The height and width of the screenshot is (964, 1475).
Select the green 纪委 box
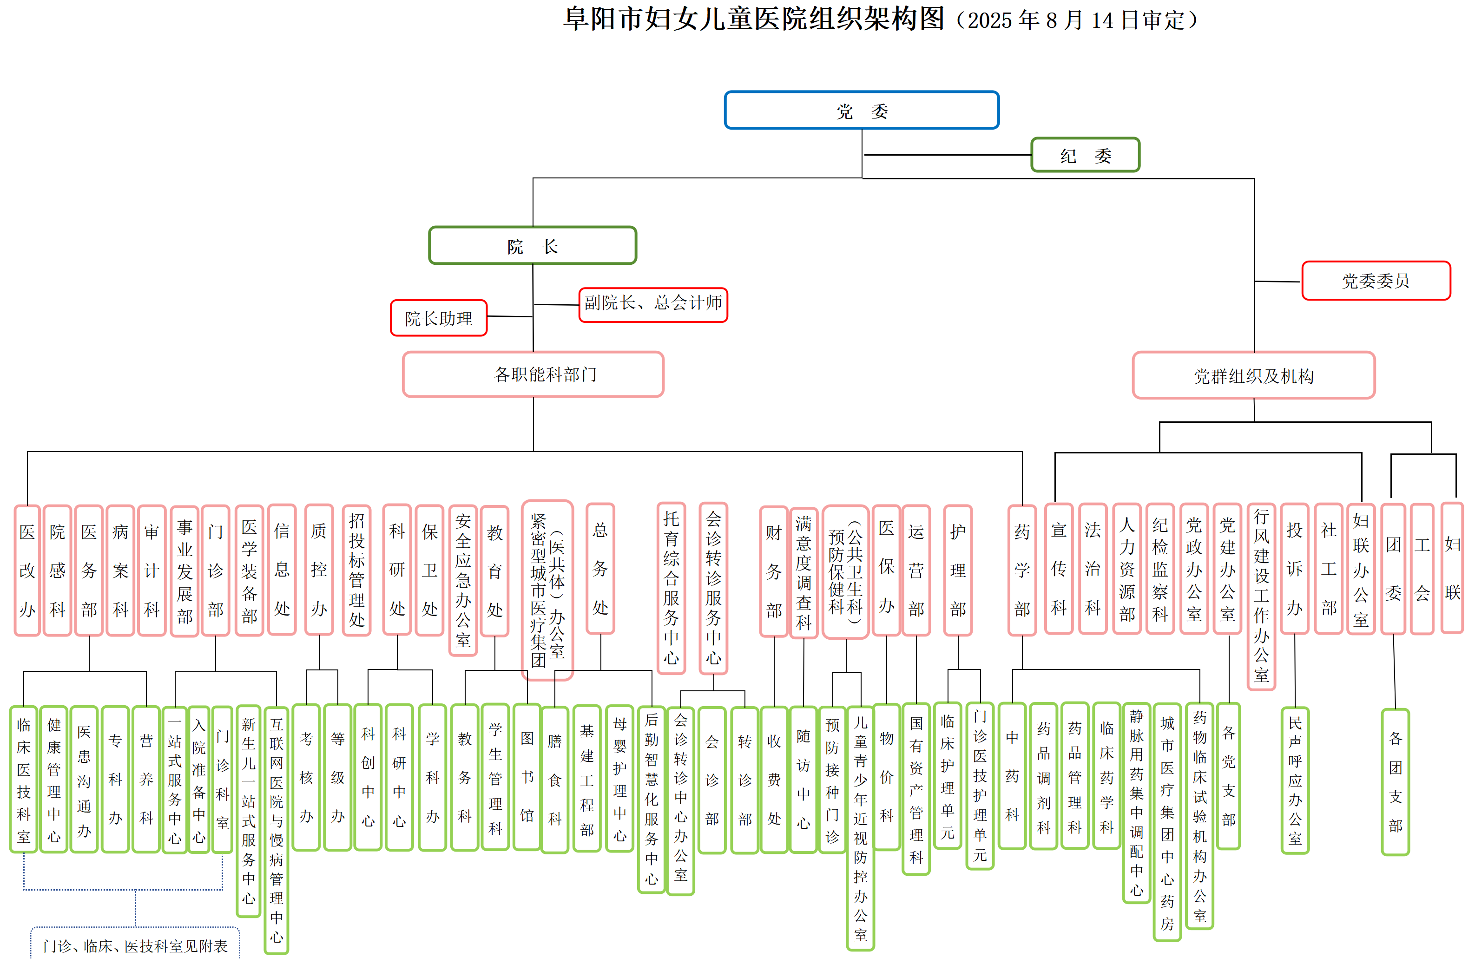click(1085, 155)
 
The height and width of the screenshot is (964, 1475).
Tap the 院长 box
click(533, 245)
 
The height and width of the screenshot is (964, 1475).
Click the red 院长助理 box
click(438, 318)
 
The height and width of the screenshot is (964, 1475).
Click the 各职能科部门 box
click(533, 374)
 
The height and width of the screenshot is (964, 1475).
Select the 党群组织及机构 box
click(1253, 375)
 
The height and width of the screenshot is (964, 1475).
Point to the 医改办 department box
click(27, 570)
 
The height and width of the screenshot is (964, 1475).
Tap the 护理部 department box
click(957, 570)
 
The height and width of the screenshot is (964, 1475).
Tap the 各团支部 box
click(1395, 782)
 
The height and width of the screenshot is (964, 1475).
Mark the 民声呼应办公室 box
click(1295, 780)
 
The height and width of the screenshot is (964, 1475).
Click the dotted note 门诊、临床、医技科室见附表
click(135, 945)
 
